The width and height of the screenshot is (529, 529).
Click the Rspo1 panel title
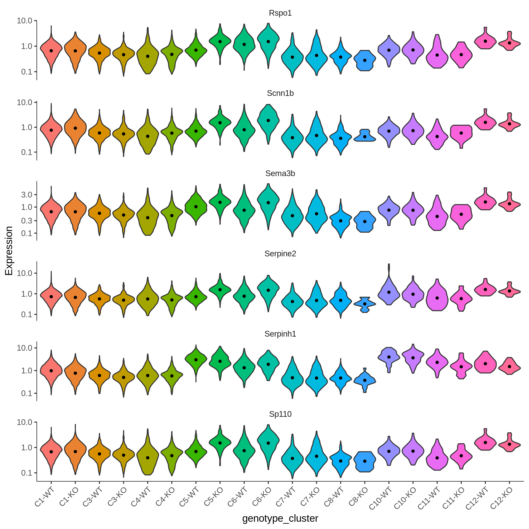280,13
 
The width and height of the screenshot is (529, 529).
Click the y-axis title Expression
9,251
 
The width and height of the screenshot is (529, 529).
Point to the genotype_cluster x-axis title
280,518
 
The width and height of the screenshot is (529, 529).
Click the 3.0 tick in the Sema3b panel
27,195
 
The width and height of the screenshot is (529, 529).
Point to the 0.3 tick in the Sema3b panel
27,221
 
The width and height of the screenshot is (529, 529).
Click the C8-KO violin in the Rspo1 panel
365,61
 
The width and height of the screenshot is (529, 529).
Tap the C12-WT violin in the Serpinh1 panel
485,362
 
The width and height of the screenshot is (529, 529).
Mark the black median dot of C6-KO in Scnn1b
268,121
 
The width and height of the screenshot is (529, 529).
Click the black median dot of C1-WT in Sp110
51,451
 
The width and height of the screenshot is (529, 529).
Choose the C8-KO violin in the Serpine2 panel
365,304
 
